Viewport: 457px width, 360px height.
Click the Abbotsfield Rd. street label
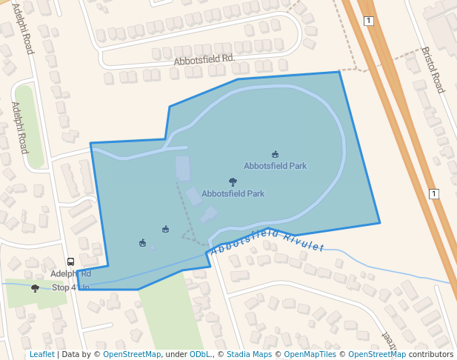pos(204,59)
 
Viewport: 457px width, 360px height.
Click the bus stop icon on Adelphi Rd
pos(70,261)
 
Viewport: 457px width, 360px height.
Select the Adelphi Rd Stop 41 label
pos(70,280)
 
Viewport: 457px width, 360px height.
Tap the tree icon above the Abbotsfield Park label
pos(233,181)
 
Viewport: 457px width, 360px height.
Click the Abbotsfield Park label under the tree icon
pos(233,193)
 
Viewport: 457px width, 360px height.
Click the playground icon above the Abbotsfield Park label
pos(276,154)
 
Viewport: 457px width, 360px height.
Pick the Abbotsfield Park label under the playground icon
pos(275,166)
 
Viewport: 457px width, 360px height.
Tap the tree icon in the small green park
pos(35,288)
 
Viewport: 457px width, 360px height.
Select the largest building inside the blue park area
pos(182,168)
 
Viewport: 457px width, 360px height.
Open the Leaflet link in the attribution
pos(41,354)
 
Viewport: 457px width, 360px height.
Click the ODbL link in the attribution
pos(199,354)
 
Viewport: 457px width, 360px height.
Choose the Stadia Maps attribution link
pos(249,354)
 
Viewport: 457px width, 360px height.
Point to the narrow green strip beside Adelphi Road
pos(28,126)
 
